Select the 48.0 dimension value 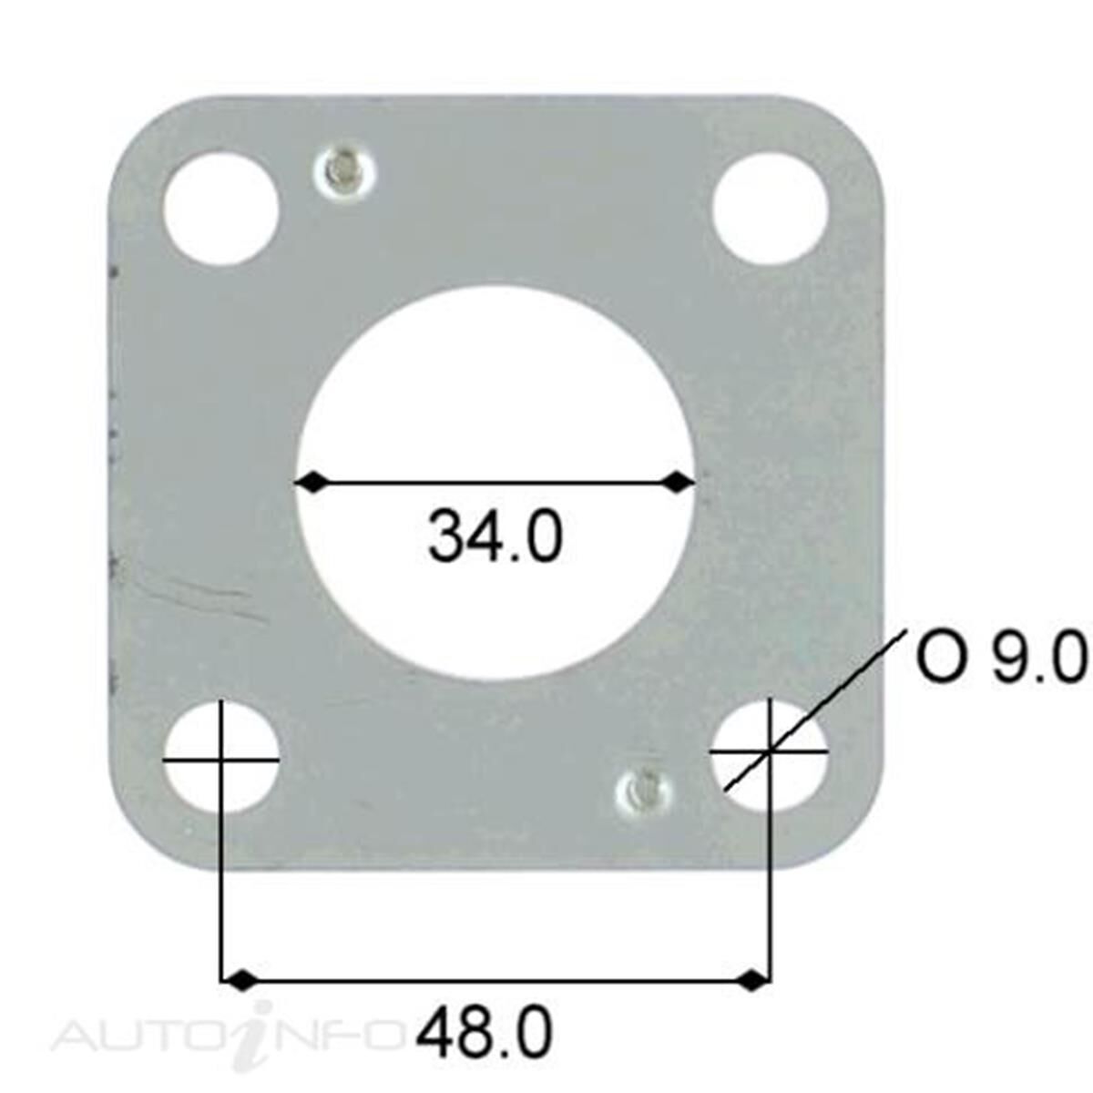tap(485, 1032)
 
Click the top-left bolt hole tap(220, 209)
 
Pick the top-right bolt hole tap(769, 209)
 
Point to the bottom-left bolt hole tap(221, 757)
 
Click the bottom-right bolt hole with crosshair tap(770, 754)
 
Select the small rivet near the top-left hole tap(347, 171)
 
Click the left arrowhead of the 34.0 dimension tap(311, 482)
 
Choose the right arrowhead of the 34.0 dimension tap(679, 482)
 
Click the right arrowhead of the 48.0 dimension tap(751, 981)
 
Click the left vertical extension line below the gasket tap(222, 920)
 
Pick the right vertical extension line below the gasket tap(771, 920)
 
